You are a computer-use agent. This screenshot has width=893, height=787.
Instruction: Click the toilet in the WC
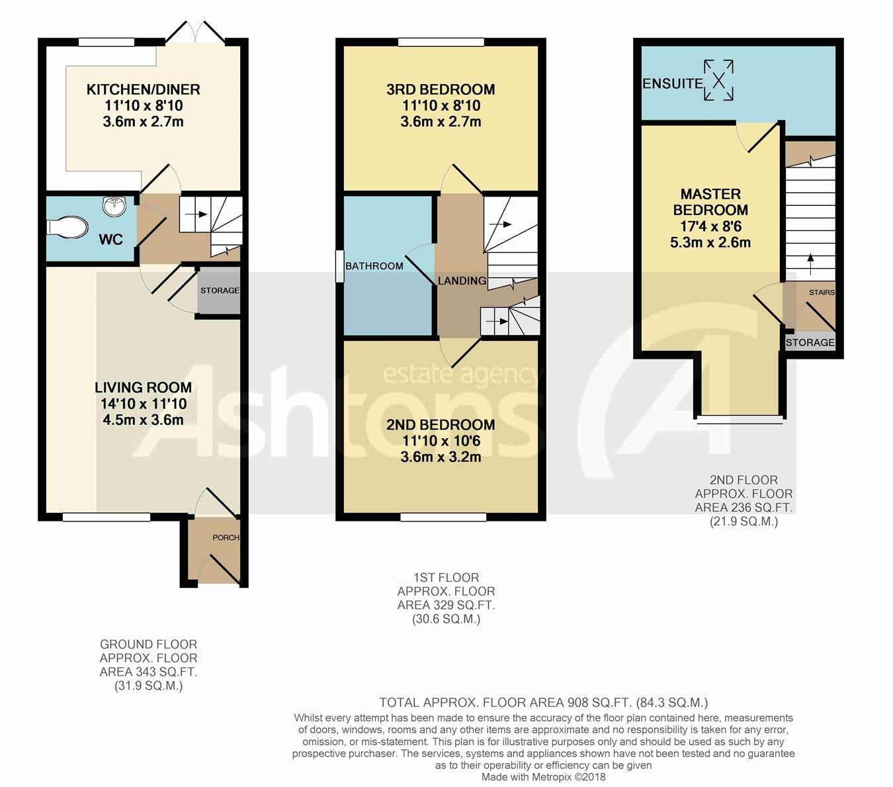click(67, 228)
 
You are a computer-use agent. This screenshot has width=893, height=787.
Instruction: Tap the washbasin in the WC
click(114, 206)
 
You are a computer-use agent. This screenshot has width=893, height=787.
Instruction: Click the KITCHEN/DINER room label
click(144, 89)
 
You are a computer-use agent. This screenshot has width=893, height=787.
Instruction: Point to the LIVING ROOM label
click(144, 388)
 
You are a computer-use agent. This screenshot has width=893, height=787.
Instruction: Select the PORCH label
click(226, 537)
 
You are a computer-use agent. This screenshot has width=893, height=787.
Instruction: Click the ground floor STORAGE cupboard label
click(220, 291)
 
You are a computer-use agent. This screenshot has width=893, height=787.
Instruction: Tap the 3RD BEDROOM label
click(441, 89)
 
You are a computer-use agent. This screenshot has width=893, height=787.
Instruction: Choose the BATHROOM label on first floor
click(374, 266)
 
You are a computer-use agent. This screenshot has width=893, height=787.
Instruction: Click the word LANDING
click(462, 281)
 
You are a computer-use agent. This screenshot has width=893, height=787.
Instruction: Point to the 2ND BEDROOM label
click(441, 425)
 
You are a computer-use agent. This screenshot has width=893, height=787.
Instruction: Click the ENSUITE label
click(673, 84)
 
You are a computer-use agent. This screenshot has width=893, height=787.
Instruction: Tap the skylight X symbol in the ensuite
click(718, 80)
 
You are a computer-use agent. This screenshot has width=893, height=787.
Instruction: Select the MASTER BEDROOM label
click(710, 202)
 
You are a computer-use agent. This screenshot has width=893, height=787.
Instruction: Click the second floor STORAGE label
click(810, 343)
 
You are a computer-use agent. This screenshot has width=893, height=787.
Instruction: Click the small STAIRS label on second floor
click(822, 293)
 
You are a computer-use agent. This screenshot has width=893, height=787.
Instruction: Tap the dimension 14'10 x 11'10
click(144, 404)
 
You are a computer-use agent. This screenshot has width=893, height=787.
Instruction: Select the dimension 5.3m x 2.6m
click(710, 242)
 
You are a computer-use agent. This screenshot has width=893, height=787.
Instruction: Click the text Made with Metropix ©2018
click(544, 777)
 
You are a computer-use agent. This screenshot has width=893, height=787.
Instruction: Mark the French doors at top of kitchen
click(195, 32)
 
